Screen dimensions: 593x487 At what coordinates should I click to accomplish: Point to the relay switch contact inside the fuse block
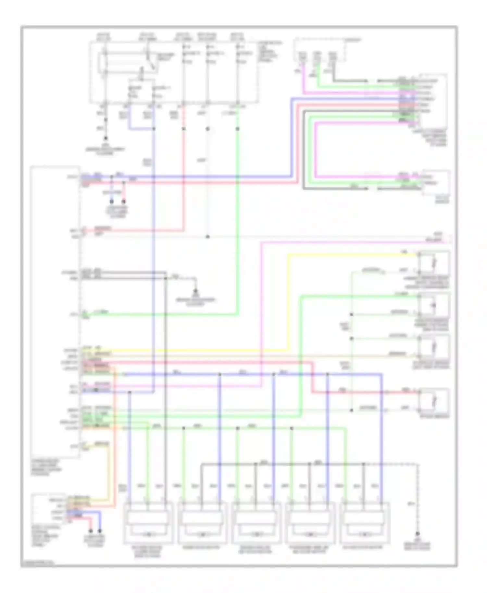pyautogui.click(x=150, y=61)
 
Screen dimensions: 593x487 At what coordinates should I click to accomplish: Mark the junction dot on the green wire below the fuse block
pyautogui.click(x=237, y=129)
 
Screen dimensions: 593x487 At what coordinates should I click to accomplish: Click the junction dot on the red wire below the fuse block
pyautogui.click(x=183, y=129)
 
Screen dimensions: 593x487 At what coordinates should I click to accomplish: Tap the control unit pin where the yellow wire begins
pyautogui.click(x=84, y=351)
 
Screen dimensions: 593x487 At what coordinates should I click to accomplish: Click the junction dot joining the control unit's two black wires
pyautogui.click(x=166, y=278)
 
